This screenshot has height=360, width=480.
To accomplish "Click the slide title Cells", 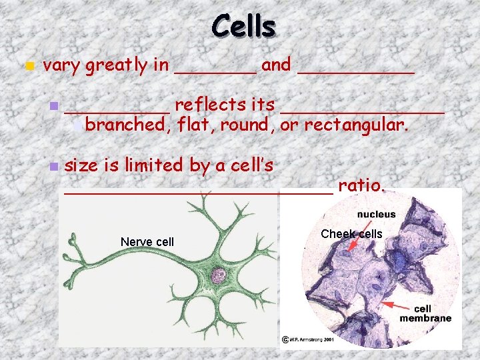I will tap(243, 26).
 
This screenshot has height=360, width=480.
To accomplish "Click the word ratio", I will tap(361, 185).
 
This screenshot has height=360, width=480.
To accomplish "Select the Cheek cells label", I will tap(351, 234).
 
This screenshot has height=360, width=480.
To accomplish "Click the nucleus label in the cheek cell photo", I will tap(376, 215).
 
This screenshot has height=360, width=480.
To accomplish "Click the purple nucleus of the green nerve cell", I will tap(218, 274).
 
